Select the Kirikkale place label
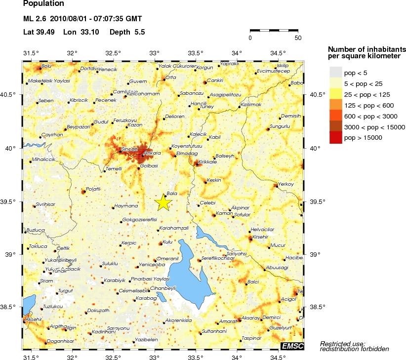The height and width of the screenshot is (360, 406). [207, 161]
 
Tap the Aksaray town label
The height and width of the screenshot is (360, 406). [250, 318]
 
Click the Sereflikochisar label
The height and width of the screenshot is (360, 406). [217, 258]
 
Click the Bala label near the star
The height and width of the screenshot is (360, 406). [172, 194]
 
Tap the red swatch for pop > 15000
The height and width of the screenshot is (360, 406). [335, 137]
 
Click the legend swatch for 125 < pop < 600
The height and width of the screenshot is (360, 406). [335, 105]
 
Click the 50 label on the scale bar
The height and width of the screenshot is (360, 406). [297, 38]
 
